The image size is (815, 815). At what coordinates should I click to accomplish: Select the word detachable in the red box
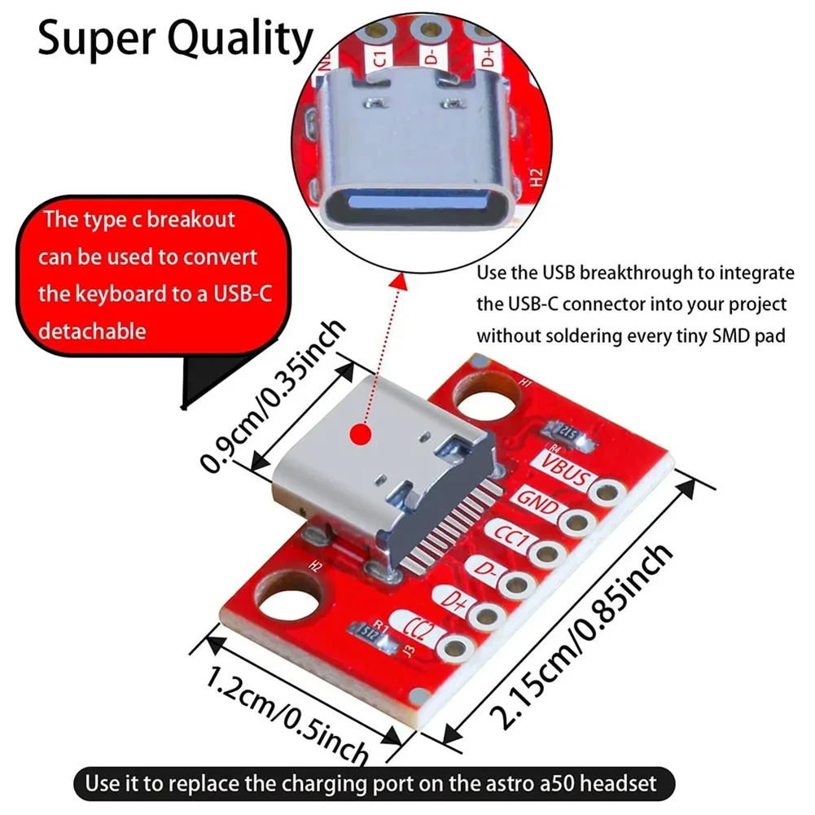pyautogui.click(x=92, y=331)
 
